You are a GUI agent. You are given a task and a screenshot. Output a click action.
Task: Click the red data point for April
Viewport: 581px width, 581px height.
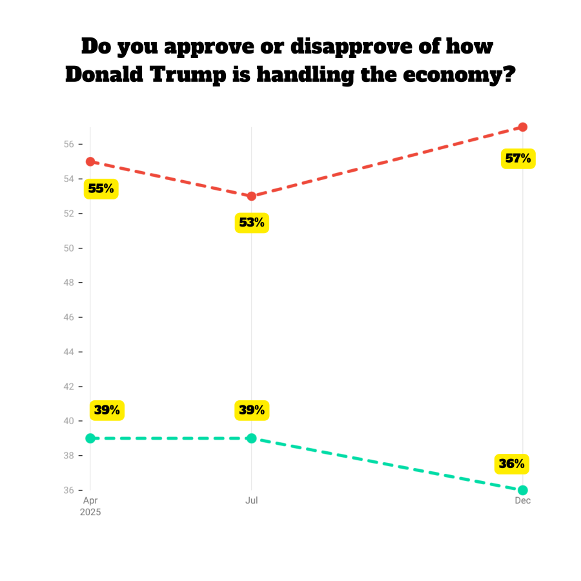pos(90,161)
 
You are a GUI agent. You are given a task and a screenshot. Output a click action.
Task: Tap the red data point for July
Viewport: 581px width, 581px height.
pos(252,196)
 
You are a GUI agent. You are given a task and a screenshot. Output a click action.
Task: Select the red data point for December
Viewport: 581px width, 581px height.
pos(523,127)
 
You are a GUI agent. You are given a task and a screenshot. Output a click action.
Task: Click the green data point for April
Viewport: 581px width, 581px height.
pos(90,438)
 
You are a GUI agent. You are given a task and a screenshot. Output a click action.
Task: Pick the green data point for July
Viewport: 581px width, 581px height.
pos(252,438)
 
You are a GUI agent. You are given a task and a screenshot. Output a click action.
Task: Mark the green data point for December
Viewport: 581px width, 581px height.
pos(523,490)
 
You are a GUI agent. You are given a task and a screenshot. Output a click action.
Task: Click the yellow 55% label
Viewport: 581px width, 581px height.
pos(101,189)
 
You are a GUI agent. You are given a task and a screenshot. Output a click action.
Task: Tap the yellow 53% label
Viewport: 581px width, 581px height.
pos(252,223)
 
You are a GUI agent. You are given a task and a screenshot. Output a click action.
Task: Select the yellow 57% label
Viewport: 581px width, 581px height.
pos(518,158)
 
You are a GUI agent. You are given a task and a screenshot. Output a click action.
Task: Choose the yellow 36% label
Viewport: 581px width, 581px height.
pos(511,464)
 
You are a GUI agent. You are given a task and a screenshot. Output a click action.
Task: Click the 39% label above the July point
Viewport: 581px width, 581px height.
pos(252,410)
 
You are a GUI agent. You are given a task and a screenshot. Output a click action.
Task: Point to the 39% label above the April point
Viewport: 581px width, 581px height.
pos(107,410)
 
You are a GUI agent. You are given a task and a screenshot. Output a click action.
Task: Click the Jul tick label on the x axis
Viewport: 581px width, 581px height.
pos(252,501)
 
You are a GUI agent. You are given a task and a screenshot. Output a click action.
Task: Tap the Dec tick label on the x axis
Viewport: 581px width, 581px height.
pos(523,501)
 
